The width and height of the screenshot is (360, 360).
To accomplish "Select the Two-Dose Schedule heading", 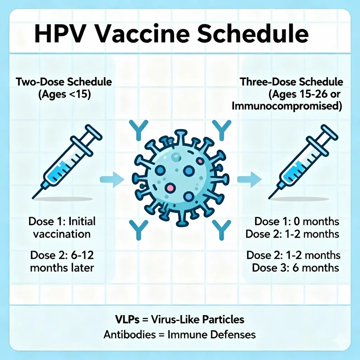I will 64,83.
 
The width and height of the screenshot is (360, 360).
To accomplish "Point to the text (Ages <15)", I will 64,95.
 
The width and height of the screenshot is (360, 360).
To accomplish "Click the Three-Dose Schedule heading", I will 291,83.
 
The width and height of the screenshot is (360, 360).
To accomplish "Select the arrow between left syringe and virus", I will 112,180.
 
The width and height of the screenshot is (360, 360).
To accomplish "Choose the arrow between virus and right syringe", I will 249,180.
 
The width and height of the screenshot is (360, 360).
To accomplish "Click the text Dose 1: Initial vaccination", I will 62,227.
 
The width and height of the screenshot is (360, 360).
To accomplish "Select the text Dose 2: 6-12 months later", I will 62,261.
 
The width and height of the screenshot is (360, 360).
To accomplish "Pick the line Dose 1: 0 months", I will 297,221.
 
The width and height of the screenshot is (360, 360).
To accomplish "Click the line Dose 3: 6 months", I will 296,268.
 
